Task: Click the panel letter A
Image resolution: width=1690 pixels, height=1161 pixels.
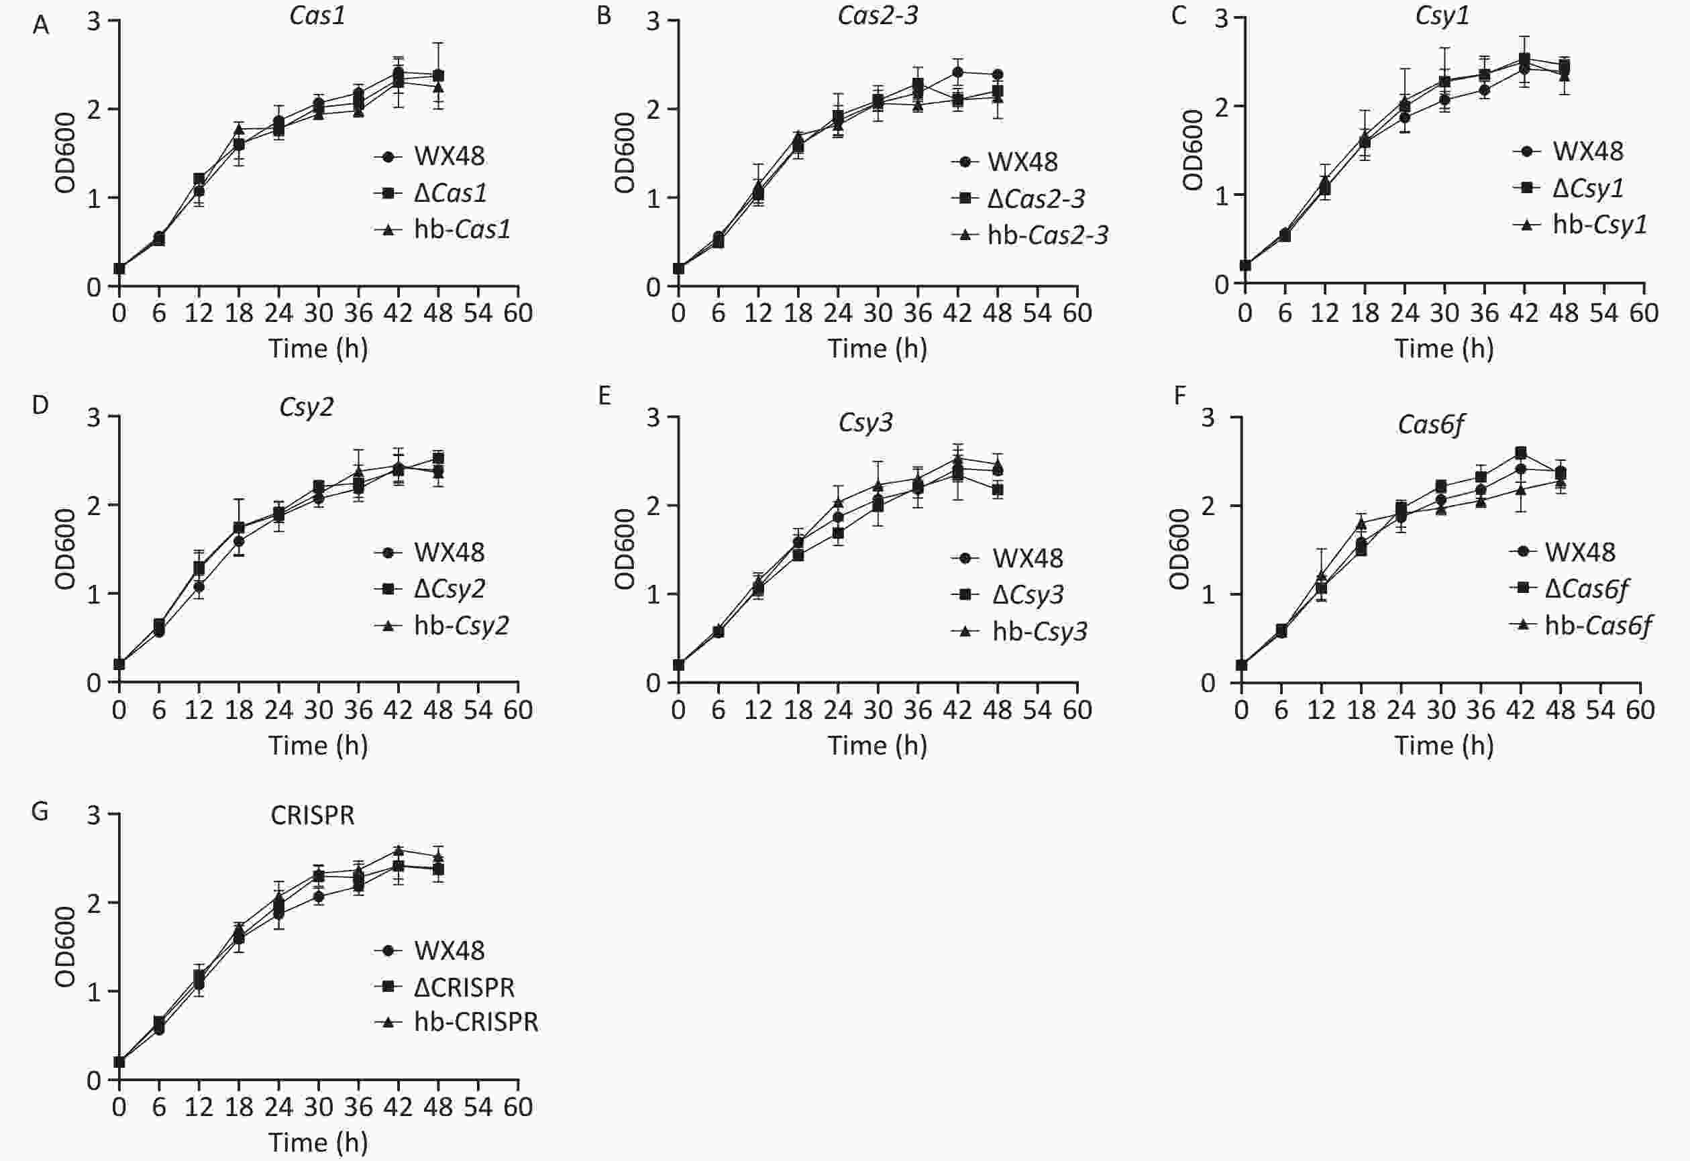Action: (x=41, y=26)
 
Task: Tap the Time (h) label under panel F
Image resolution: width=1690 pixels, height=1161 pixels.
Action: (x=1443, y=746)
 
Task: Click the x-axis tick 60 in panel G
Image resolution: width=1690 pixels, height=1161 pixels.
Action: (x=518, y=1107)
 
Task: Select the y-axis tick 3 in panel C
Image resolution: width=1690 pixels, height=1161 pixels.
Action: (x=1222, y=18)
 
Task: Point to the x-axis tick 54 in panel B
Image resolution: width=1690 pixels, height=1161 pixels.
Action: (x=1037, y=313)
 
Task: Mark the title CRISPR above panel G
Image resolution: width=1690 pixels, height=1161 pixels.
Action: (x=312, y=816)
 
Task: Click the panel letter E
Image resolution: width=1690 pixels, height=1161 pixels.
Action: (x=604, y=396)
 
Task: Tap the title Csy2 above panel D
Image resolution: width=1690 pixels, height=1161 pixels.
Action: (x=307, y=406)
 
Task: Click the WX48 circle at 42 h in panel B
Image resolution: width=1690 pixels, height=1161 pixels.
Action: (x=957, y=72)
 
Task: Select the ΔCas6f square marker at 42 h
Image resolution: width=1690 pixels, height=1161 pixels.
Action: (x=1520, y=453)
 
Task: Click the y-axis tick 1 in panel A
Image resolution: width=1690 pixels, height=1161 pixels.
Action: (x=94, y=198)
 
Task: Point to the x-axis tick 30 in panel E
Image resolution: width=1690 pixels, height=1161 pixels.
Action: (x=878, y=710)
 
